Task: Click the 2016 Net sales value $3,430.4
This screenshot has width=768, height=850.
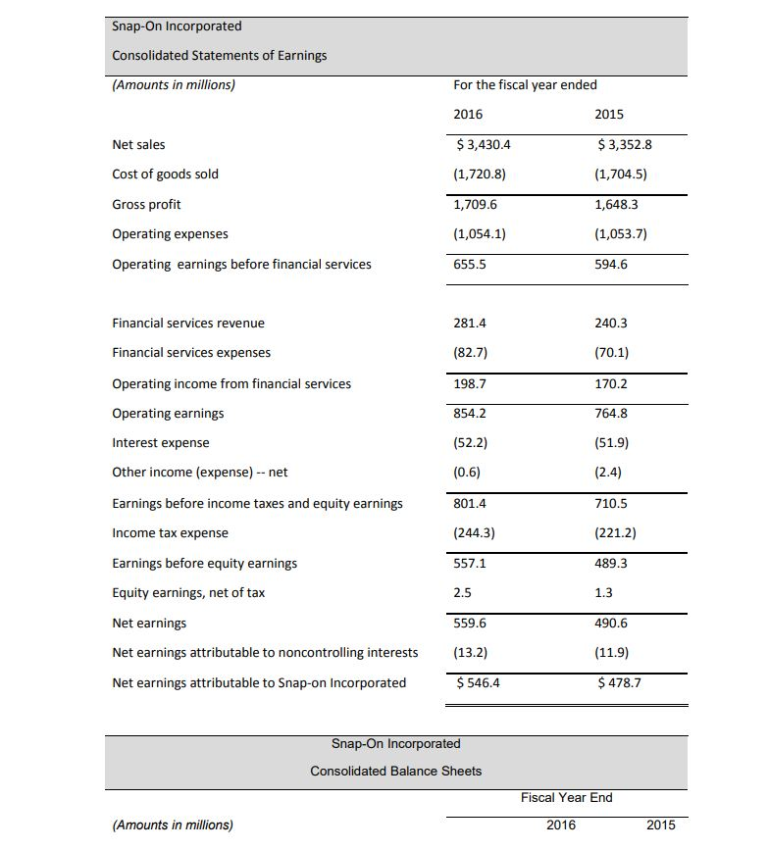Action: click(485, 144)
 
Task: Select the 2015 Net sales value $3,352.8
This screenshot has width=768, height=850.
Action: click(625, 144)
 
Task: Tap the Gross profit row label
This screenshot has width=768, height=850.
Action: click(146, 204)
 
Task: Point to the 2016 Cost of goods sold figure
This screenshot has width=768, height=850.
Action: click(480, 174)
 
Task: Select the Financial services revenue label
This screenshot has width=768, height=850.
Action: click(188, 323)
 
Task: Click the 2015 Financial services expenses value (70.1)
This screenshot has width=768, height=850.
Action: click(611, 352)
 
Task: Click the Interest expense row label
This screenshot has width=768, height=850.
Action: click(161, 442)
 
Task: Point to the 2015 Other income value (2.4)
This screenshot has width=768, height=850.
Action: click(608, 472)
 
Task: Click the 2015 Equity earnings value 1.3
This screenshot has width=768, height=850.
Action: click(604, 592)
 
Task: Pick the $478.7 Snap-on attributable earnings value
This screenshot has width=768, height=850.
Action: click(619, 682)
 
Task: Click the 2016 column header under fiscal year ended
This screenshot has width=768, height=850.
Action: click(468, 114)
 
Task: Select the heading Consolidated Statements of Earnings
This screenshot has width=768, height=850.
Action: click(220, 55)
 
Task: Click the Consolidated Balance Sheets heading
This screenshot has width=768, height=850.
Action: click(395, 771)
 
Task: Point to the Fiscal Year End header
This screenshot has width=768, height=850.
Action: click(566, 797)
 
